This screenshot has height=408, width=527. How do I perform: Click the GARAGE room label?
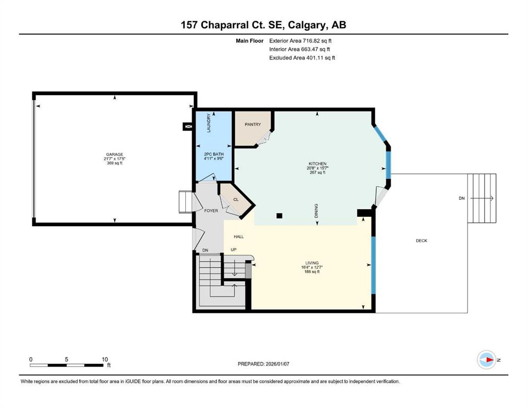pos(114,155)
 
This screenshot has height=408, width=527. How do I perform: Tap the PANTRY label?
pos(253,124)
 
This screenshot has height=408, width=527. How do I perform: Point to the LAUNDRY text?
pos(209,123)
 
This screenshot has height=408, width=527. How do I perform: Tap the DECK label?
pos(421,241)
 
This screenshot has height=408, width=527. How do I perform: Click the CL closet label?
pos(236,199)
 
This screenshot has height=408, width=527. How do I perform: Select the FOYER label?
pos(211,211)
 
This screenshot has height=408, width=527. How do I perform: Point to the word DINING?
pos(316,211)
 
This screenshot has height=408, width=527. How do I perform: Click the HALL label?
pos(238,237)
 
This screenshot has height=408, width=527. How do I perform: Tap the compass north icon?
pos(486,360)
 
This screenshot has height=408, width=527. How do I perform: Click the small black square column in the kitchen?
pos(280,216)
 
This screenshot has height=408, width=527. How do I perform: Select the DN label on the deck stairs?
pos(461,198)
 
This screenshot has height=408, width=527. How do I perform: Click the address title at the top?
pos(264,24)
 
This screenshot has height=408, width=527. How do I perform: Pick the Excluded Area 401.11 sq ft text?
pos(302,57)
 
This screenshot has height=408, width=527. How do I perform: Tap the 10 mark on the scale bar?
pos(105,359)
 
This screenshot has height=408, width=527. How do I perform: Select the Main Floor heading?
pos(249,40)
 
